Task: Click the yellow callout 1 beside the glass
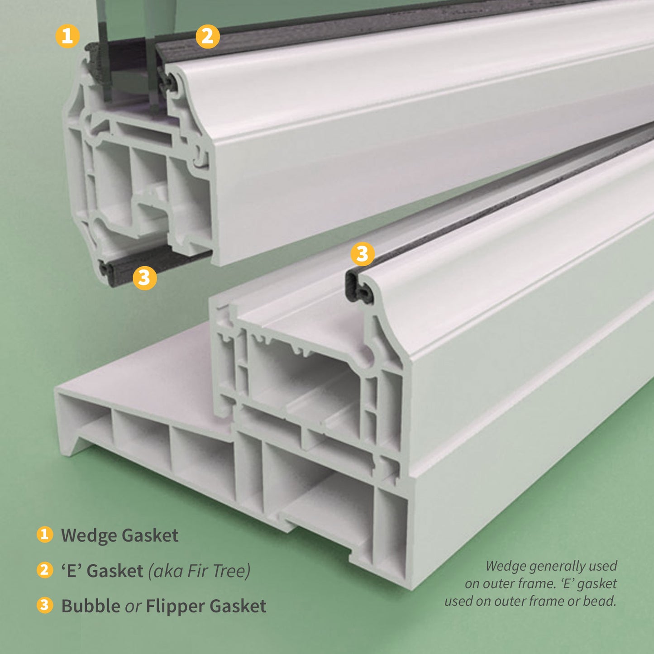(67, 36)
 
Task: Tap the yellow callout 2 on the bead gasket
(208, 36)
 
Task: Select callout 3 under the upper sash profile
(145, 277)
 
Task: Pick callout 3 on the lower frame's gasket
(363, 254)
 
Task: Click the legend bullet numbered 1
(44, 535)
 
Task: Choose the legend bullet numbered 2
(44, 570)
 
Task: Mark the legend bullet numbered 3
(44, 605)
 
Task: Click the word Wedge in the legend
(89, 536)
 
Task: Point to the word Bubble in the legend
(91, 606)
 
